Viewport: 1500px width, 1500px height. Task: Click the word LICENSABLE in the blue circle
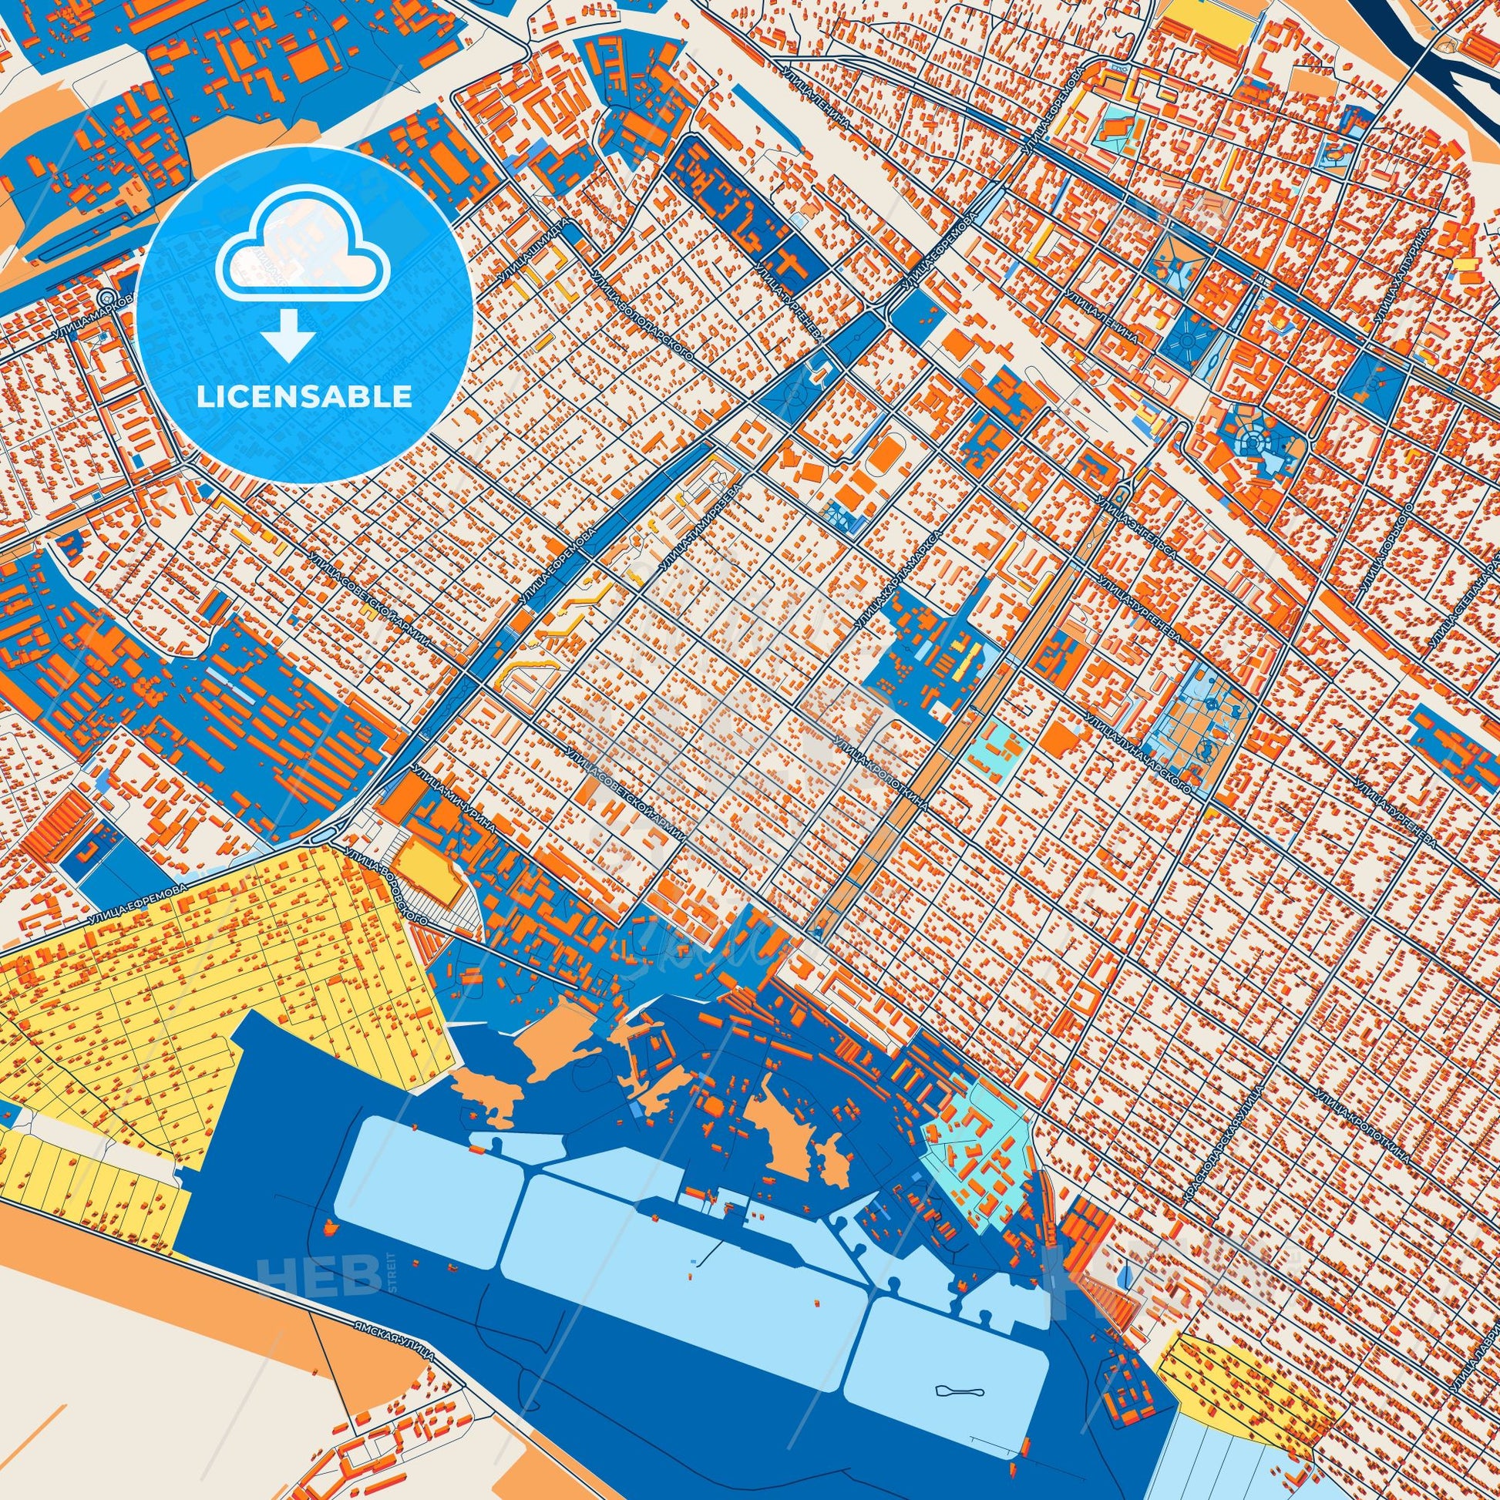tap(304, 397)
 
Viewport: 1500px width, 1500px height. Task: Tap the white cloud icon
tap(304, 261)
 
